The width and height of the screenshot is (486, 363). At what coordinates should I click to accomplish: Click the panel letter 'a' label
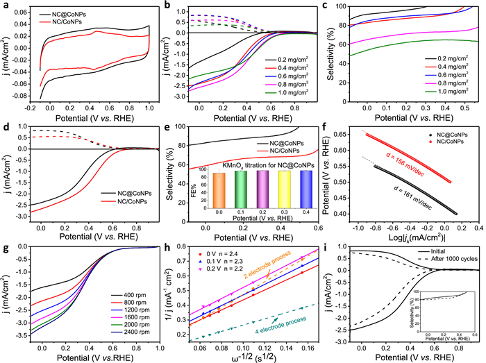coord(6,6)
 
